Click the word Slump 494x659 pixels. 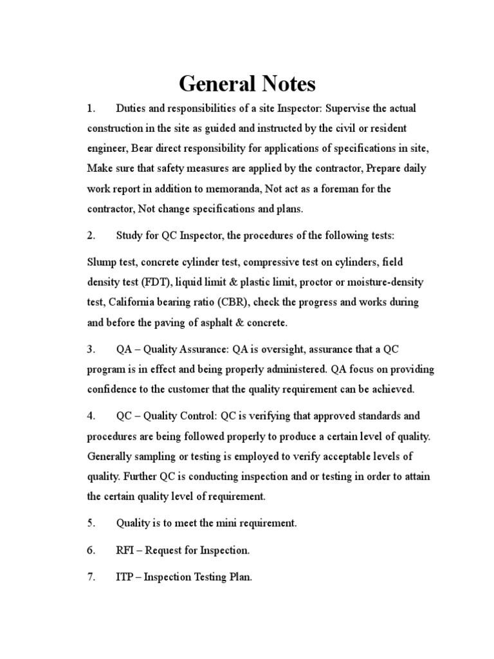[101, 262]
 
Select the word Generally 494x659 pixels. [113, 456]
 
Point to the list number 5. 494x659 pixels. [91, 523]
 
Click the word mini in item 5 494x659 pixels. [231, 523]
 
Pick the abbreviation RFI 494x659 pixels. [127, 550]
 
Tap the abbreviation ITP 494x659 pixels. [126, 577]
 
